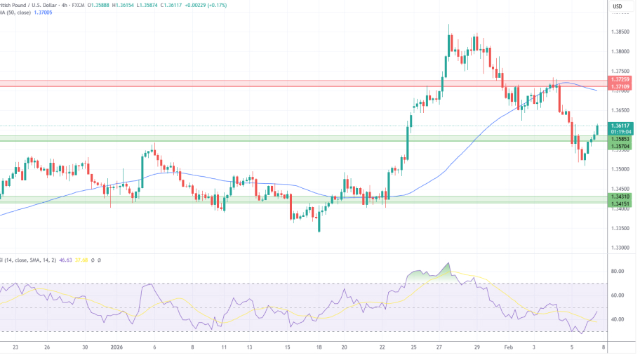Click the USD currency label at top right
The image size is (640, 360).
618,7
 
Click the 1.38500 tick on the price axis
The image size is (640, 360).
620,32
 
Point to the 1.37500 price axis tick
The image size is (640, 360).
620,71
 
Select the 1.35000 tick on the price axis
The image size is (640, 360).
620,169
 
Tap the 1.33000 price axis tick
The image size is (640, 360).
620,248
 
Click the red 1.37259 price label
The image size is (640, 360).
620,80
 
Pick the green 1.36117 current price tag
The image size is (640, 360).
620,125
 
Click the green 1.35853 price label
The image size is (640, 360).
620,139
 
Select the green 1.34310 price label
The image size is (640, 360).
620,197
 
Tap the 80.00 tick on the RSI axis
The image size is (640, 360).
618,271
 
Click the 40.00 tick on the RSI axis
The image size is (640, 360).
618,319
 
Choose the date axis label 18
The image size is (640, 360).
319,347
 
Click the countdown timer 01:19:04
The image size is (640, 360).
620,131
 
